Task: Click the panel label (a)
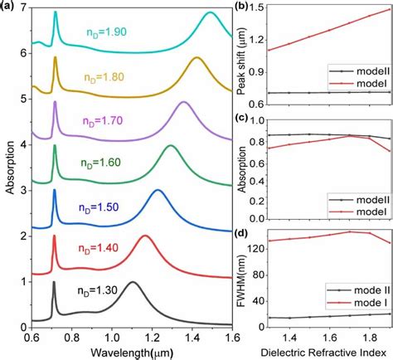[9, 7]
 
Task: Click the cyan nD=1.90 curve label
[105, 32]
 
